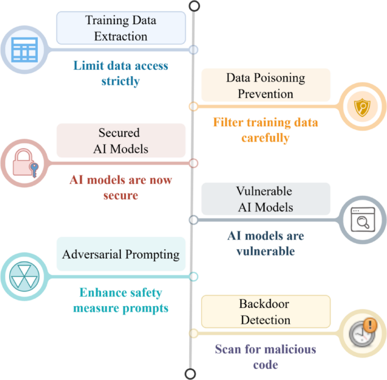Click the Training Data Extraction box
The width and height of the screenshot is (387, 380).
click(121, 28)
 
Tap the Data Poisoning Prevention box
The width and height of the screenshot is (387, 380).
click(266, 85)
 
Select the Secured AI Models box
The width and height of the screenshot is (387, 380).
click(121, 140)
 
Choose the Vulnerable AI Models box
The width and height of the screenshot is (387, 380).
click(266, 199)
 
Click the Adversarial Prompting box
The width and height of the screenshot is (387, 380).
click(121, 254)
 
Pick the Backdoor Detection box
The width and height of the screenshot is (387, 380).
click(266, 312)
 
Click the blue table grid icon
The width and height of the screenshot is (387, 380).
click(24, 50)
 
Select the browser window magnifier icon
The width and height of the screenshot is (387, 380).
click(362, 220)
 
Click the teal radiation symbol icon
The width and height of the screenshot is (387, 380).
click(24, 276)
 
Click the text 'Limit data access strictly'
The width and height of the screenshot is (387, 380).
click(120, 73)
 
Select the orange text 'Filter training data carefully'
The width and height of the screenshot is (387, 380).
click(265, 130)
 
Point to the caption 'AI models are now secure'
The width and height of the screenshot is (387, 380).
click(120, 187)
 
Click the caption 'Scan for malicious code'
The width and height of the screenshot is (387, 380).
click(265, 356)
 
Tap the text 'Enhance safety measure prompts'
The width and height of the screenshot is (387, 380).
click(120, 301)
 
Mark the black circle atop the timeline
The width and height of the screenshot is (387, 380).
click(194, 6)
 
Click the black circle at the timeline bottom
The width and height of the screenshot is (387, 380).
click(191, 373)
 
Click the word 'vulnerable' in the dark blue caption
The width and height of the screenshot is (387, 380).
click(265, 251)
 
